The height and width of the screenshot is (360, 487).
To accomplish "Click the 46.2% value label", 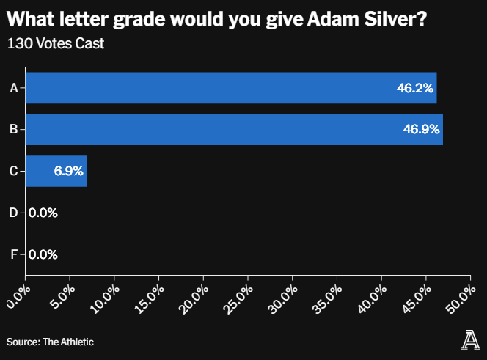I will [x=416, y=89].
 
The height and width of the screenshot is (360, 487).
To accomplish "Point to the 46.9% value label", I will [x=422, y=131].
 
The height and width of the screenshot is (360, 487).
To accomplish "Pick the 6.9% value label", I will [x=68, y=172].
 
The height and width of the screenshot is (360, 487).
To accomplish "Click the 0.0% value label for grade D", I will [x=43, y=213].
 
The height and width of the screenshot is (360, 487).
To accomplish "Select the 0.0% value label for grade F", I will [x=43, y=255].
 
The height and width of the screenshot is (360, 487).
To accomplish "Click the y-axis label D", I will [x=13, y=213].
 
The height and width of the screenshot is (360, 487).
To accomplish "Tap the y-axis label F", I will [x=13, y=255].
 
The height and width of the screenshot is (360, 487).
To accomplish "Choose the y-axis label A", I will [x=13, y=88].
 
